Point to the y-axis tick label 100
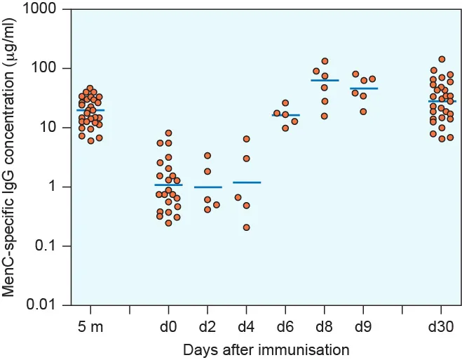pos(50,69)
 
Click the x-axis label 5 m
pos(90,326)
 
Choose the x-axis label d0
pos(168,326)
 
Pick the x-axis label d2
pos(208,326)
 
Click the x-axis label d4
pos(246,326)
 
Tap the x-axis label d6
pos(285,326)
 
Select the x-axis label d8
pos(325,326)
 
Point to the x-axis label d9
pos(363,326)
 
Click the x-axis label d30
pos(442,326)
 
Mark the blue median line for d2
pos(208,187)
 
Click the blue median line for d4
pos(246,182)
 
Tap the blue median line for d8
pos(325,81)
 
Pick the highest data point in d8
pos(325,62)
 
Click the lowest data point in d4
pos(246,227)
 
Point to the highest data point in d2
pos(208,156)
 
